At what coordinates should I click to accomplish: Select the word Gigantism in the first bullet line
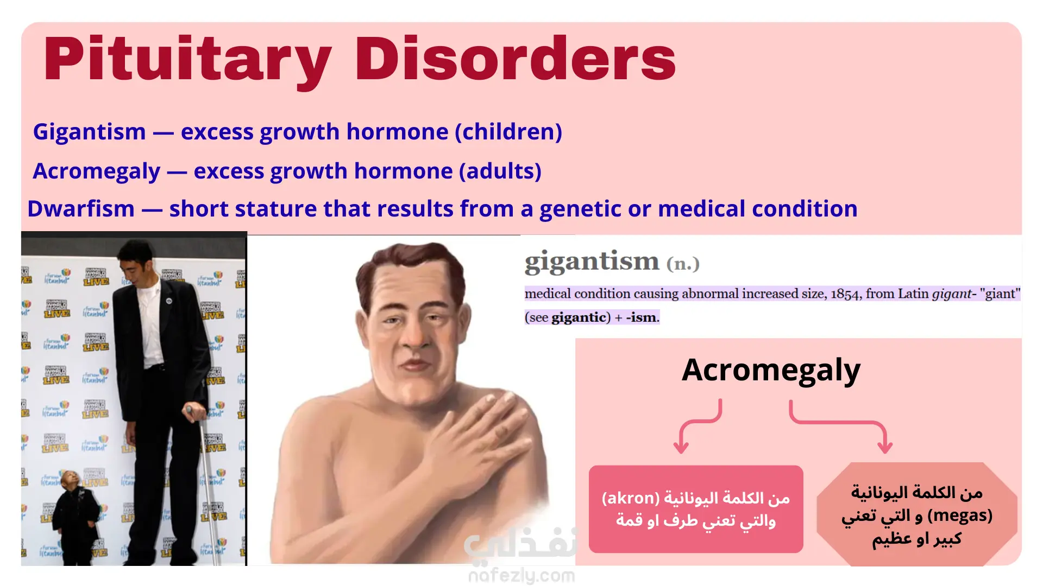pos(90,132)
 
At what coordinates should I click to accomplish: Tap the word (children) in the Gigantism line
pos(508,132)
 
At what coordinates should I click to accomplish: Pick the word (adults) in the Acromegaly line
pos(500,171)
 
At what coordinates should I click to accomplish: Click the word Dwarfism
pos(81,209)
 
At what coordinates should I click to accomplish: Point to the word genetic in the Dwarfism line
pos(580,209)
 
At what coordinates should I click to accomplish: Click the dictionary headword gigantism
pos(592,262)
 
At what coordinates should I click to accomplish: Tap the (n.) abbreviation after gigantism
pos(683,264)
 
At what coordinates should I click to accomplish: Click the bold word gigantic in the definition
pos(579,317)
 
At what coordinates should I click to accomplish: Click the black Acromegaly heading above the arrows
pos(771,371)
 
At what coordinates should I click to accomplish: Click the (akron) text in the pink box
pos(631,498)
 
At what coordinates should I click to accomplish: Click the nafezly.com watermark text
pos(521,576)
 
